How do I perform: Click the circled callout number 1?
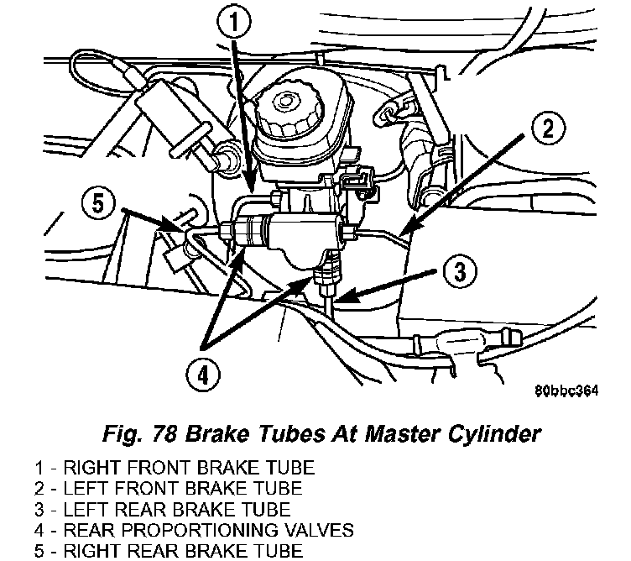(x=234, y=22)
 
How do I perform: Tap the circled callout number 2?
(x=548, y=128)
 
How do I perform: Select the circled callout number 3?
(x=461, y=271)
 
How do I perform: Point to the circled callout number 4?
(x=203, y=375)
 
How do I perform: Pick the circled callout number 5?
(x=98, y=203)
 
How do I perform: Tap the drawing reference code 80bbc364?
(x=566, y=391)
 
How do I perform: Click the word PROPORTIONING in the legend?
(x=201, y=530)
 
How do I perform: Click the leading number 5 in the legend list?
(x=39, y=551)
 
